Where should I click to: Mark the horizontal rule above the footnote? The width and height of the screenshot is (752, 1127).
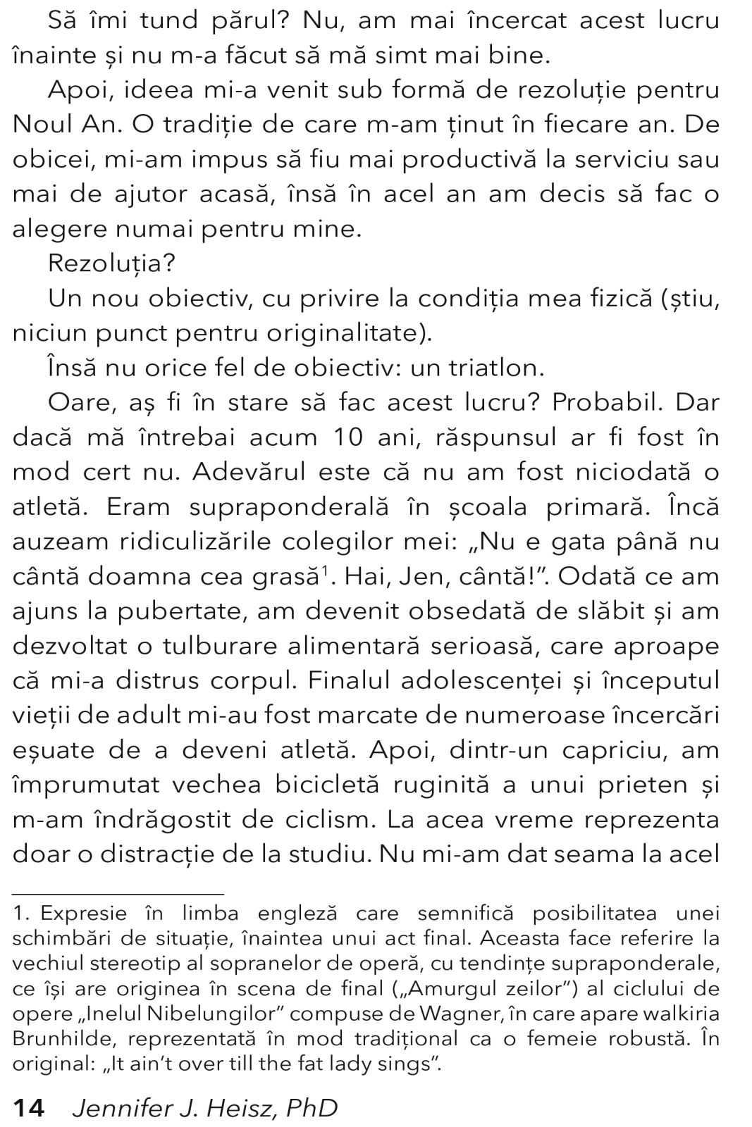point(118,893)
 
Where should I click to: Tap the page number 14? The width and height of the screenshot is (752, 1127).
point(29,1108)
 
